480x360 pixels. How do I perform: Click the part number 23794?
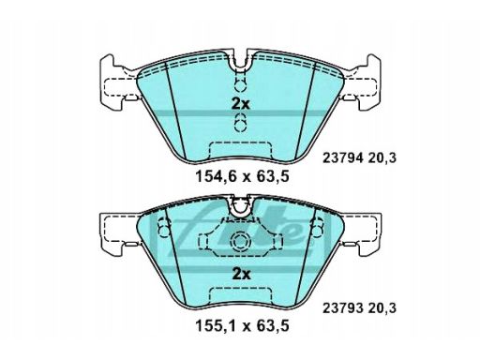343,158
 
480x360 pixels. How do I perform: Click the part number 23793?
343,308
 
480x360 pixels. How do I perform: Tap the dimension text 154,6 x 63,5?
242,177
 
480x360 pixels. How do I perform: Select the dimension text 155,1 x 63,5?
242,326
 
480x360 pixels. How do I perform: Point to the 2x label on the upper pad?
241,104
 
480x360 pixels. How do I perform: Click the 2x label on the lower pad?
242,275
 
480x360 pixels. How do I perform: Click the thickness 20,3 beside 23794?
382,158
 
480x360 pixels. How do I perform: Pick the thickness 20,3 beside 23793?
382,308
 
